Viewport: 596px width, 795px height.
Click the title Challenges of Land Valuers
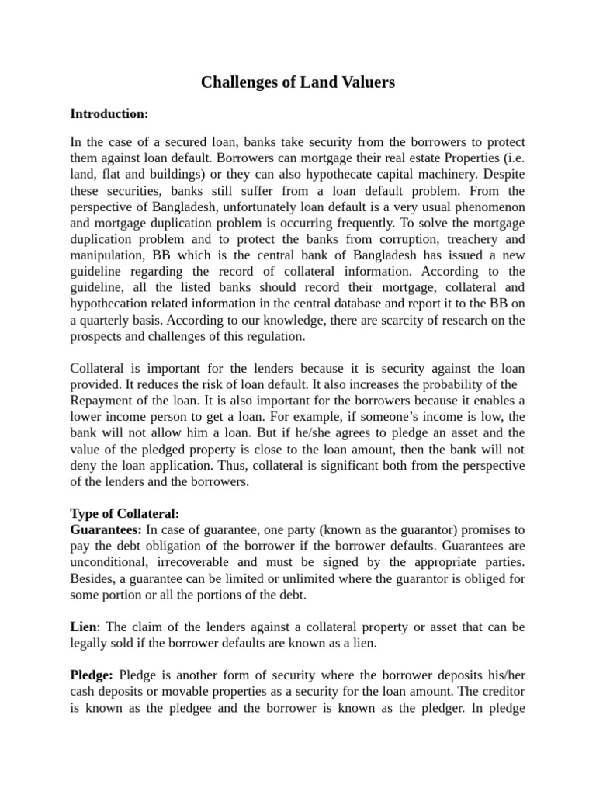click(298, 82)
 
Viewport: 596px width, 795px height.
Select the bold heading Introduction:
click(109, 113)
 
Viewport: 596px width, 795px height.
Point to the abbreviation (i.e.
click(510, 159)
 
